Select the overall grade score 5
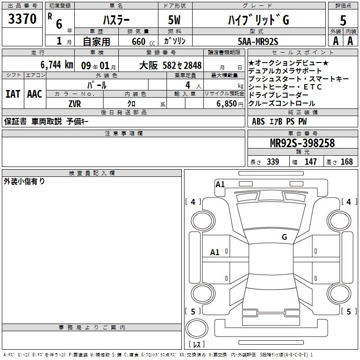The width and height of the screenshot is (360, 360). (x=343, y=21)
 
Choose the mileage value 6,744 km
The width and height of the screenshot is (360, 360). (x=56, y=64)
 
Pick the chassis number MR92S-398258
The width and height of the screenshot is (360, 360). (x=302, y=143)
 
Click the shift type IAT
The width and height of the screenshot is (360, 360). (x=13, y=94)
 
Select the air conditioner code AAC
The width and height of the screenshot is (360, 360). (x=35, y=94)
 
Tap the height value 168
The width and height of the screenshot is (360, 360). (x=346, y=162)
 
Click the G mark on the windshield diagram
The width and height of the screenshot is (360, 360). (x=284, y=237)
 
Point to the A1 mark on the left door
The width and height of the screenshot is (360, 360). (x=215, y=252)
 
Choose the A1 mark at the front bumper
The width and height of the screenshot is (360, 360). (x=220, y=184)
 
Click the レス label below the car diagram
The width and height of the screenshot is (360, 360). (x=197, y=344)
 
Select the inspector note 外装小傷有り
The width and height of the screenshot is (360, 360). (x=24, y=181)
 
